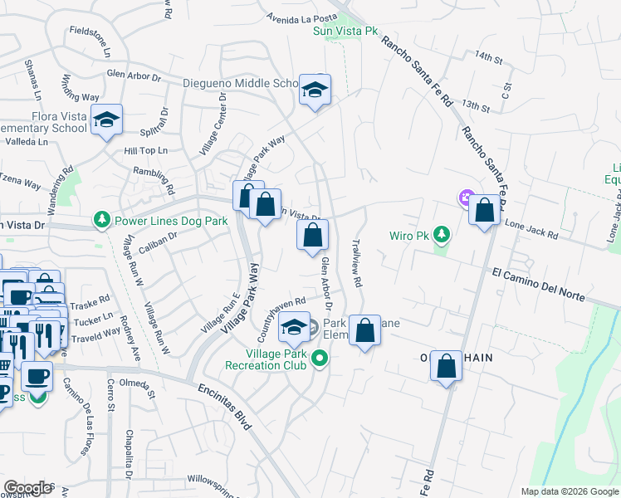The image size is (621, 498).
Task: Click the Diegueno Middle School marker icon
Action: [x=315, y=90]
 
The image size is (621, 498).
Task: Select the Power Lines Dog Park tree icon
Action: [x=102, y=220]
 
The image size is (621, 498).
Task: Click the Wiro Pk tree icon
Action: [x=442, y=235]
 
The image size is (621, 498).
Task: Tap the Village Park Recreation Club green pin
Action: [x=320, y=359]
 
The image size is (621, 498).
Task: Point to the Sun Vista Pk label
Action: [x=345, y=32]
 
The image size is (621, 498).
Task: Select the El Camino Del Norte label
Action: [x=538, y=285]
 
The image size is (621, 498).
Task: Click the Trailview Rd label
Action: [x=357, y=265]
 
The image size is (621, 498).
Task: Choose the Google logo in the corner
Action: [x=27, y=488]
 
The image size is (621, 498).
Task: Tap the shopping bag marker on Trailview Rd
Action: [x=364, y=331]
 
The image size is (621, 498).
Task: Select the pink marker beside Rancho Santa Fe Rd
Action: [x=464, y=198]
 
